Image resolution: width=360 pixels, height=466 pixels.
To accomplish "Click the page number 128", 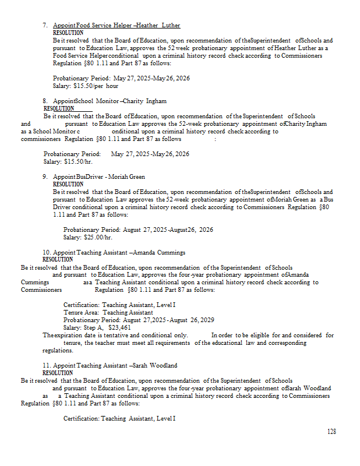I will [x=331, y=432].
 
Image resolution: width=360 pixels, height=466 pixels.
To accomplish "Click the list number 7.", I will [x=45, y=26].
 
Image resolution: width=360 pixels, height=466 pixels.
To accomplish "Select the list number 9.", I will [x=45, y=176].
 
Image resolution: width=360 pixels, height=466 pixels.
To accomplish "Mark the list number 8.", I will [x=45, y=101].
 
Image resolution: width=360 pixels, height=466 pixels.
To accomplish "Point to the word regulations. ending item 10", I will [x=58, y=351].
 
